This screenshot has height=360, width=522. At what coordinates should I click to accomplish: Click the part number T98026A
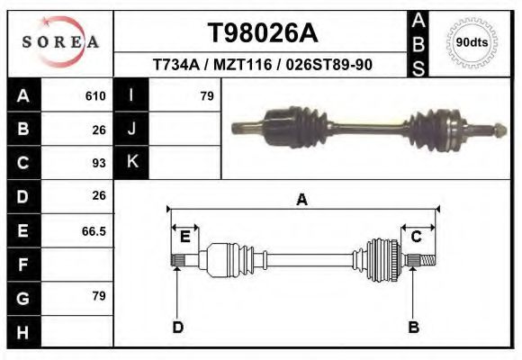(x=263, y=33)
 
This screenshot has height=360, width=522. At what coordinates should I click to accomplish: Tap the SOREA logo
(x=59, y=42)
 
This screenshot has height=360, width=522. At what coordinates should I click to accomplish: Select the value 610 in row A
(x=94, y=96)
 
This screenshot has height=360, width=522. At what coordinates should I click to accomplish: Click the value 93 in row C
(x=98, y=163)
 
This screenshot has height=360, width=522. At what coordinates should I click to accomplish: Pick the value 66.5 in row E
(x=94, y=231)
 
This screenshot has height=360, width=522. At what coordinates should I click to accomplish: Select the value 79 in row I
(x=206, y=96)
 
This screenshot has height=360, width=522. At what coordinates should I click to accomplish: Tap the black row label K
(x=131, y=162)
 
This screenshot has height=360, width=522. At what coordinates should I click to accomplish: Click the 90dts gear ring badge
(x=472, y=42)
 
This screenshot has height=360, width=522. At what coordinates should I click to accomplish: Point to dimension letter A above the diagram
(x=302, y=200)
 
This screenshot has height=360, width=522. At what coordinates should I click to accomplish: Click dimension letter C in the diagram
(x=417, y=237)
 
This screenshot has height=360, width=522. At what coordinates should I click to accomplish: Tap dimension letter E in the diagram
(x=184, y=237)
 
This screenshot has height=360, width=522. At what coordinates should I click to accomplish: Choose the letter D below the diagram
(x=177, y=327)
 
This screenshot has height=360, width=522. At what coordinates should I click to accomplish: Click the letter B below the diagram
(x=414, y=327)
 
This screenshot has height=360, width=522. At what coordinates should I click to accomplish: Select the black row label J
(x=131, y=130)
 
